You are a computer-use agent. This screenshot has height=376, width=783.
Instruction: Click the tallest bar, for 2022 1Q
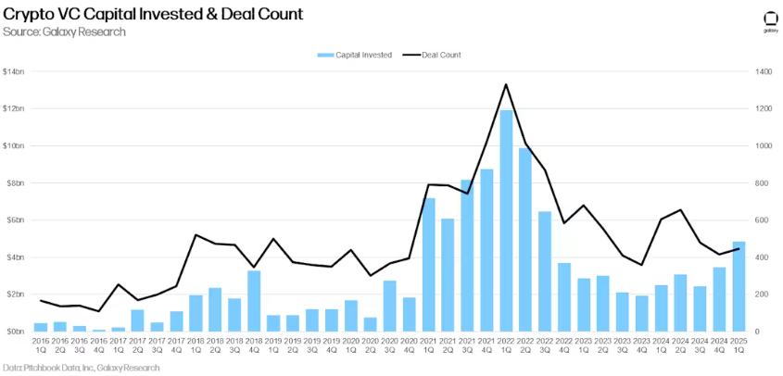point(506,220)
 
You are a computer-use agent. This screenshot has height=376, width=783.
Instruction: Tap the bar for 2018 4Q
point(254,300)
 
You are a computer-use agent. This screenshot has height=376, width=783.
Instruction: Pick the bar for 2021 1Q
point(429,264)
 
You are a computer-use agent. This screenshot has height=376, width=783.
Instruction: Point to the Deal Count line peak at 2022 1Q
point(506,84)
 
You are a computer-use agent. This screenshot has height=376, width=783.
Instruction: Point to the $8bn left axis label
point(15,182)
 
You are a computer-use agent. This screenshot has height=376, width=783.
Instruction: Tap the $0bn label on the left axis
point(15,331)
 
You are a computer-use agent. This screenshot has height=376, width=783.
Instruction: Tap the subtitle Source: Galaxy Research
point(64,32)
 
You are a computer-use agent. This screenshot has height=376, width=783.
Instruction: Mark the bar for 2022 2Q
point(525,239)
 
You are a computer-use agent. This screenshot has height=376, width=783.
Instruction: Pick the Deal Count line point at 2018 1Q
point(196,234)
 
